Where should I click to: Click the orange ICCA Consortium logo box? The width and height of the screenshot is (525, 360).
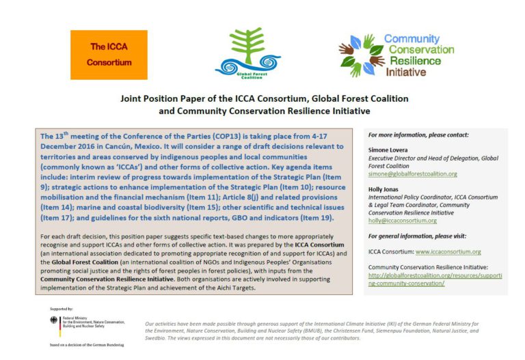109,54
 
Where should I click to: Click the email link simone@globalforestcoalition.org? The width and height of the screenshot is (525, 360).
412,174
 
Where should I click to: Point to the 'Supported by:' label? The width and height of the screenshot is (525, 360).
61,309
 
